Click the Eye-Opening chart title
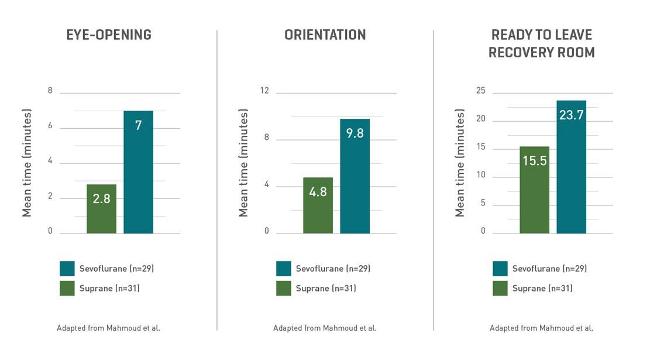[109, 35]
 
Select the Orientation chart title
[325, 35]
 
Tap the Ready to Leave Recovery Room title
[541, 44]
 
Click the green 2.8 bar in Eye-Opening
[101, 209]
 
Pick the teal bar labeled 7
[138, 172]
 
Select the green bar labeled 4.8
[318, 205]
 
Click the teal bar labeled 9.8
[355, 176]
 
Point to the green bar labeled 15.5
[534, 190]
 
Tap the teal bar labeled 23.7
[571, 167]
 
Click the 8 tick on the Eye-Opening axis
[50, 91]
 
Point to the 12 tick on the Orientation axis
[264, 91]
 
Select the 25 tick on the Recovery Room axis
[480, 91]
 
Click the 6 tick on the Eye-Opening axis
[50, 126]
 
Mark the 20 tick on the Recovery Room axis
[480, 119]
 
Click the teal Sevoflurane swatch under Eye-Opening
[67, 269]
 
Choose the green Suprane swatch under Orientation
[284, 289]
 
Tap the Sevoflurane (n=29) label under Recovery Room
[549, 269]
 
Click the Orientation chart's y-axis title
[244, 163]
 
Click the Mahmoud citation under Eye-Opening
[108, 328]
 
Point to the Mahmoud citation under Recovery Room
[541, 328]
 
